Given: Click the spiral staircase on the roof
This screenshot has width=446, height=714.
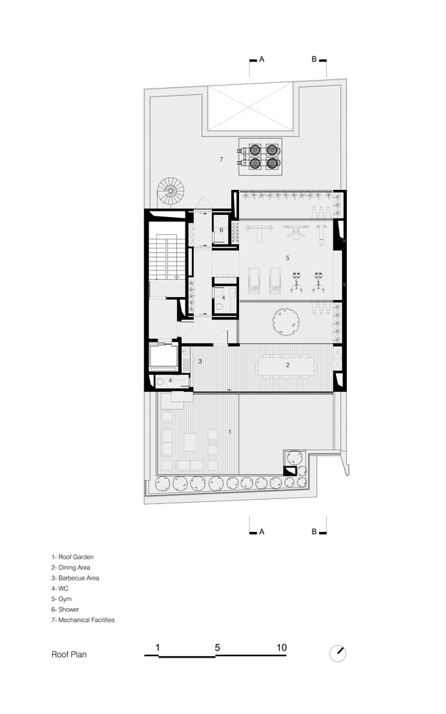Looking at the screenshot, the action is point(171,191).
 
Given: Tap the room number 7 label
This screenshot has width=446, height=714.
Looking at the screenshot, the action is point(221,159).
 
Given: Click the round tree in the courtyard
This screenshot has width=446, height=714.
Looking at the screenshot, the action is point(285,321).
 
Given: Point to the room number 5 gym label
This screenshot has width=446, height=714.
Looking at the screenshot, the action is point(288,258).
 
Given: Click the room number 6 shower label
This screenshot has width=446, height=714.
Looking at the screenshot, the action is point(222,230).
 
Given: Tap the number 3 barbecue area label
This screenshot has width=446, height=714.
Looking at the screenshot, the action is point(201,361).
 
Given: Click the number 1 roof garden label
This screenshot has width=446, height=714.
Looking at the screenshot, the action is point(230,432).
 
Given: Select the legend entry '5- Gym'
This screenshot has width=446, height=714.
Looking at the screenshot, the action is point(61,599).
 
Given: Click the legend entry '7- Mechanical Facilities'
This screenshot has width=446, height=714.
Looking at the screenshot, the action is point(83,620).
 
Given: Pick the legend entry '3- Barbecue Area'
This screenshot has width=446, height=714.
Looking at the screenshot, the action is point(75,578).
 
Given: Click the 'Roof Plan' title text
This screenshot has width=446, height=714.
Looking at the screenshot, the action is point(69,654).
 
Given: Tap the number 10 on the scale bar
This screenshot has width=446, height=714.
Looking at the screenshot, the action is point(281,648).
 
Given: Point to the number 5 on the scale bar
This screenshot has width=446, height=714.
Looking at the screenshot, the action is point(218,648).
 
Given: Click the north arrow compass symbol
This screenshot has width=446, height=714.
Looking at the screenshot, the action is point(338,653).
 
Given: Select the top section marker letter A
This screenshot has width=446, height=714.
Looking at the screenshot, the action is point(262,59).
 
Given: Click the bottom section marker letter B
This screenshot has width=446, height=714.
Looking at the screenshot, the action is point(314,531).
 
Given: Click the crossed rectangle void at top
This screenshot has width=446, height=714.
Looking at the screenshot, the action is point(250,108).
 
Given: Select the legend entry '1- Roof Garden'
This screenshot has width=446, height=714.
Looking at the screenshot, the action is point(72,557).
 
